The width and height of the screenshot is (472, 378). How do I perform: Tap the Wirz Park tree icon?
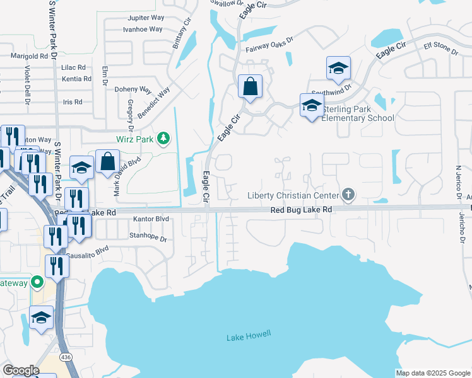163,138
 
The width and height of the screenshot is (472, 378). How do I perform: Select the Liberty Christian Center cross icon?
347,194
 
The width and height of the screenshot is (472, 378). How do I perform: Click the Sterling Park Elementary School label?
358,113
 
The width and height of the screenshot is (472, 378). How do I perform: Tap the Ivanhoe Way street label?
143,29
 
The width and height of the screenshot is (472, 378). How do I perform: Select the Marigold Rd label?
30,55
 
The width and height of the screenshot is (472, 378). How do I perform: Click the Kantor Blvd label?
151,219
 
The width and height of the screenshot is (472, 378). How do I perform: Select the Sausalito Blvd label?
89,250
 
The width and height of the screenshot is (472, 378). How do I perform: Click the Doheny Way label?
133,89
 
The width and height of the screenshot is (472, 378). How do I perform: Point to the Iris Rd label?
73,101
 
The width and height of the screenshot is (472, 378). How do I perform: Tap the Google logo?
21,370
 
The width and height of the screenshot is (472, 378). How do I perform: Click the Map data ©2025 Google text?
432,373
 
